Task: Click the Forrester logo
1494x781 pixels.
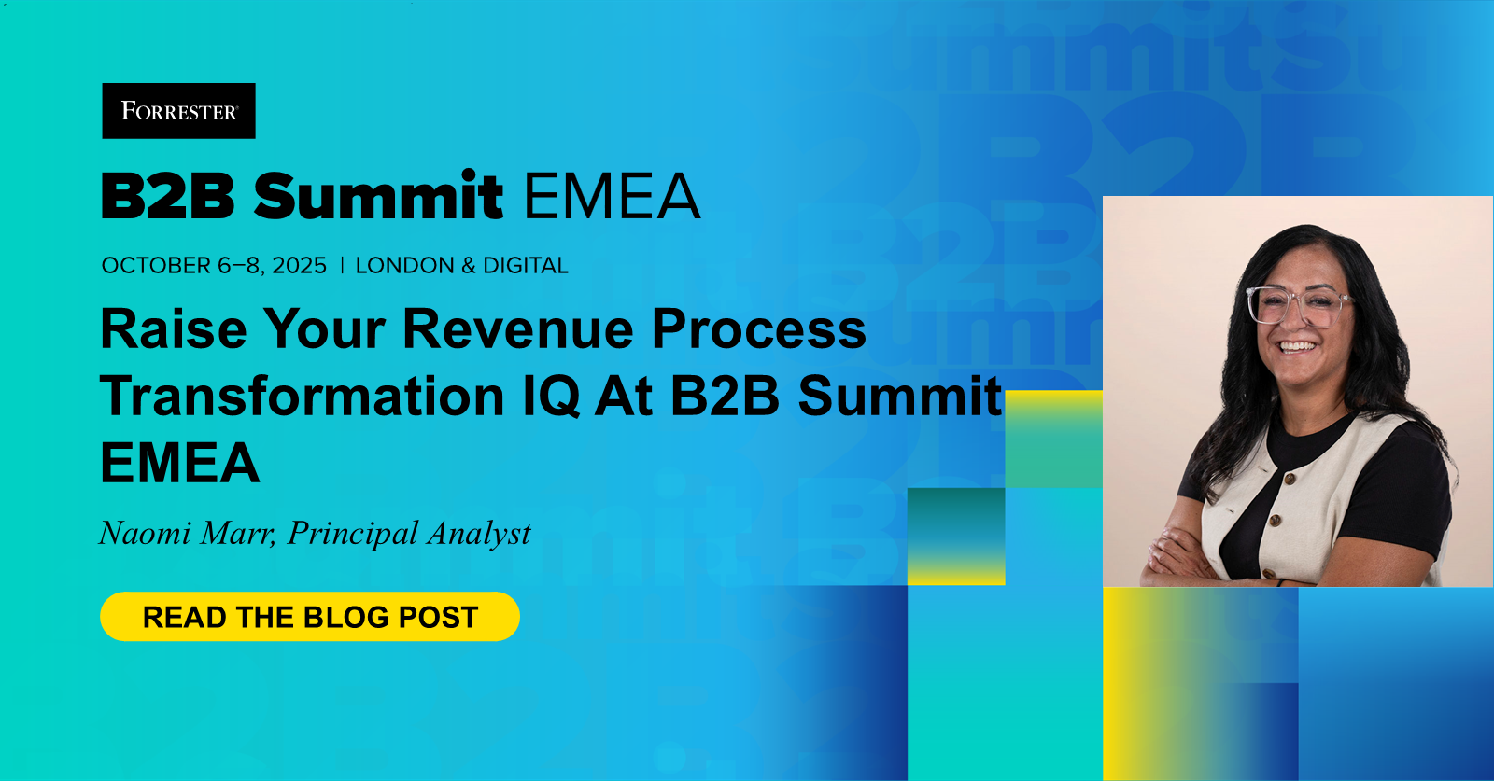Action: tap(178, 111)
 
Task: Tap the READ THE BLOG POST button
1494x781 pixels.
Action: tap(309, 617)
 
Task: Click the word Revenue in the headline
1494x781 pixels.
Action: tap(519, 329)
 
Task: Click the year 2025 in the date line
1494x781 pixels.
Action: tap(299, 266)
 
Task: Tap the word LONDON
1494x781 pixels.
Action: tap(405, 266)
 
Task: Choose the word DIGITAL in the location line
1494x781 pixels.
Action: tap(525, 266)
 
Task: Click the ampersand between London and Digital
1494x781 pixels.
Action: tap(469, 266)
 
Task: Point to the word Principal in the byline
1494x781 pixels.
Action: tap(353, 534)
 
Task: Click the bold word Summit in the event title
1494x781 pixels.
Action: tap(378, 197)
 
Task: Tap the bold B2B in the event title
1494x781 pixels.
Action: tap(168, 197)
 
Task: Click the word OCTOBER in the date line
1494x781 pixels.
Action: tap(156, 266)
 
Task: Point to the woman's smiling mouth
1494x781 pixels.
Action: tap(1297, 346)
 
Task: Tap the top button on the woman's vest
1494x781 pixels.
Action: tap(1289, 480)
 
